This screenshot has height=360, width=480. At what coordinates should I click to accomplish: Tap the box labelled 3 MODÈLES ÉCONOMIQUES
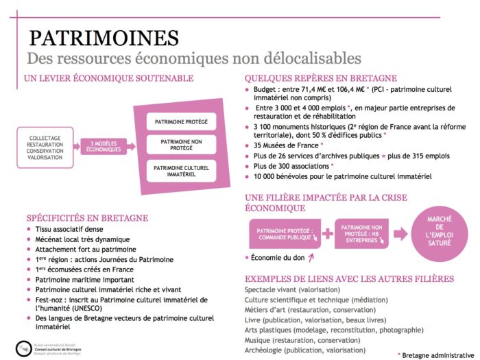pos(104,146)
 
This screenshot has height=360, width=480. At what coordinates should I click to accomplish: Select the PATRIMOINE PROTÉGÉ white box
pos(181,121)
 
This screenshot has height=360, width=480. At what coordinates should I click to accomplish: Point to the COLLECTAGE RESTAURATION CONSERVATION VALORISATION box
pos(45,146)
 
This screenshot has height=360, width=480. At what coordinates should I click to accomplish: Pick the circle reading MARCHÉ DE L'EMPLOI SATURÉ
pos(440,232)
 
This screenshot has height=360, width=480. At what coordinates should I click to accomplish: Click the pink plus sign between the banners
pos(327,234)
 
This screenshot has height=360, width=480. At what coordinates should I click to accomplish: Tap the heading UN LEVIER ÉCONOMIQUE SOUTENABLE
pos(108,78)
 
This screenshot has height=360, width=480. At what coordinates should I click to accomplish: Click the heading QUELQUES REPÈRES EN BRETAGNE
pos(331,78)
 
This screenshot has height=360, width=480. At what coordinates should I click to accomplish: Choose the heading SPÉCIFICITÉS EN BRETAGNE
pos(86,218)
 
